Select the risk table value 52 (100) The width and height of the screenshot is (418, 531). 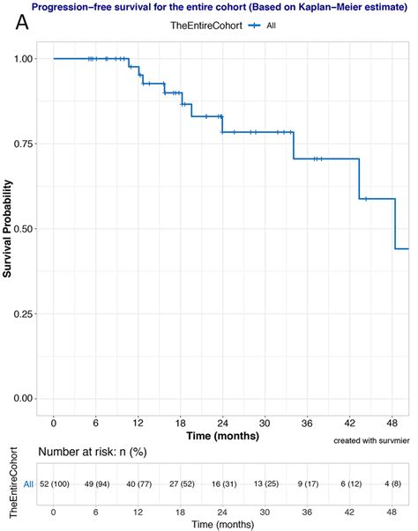55,483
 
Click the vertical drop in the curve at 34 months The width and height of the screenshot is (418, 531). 293,145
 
